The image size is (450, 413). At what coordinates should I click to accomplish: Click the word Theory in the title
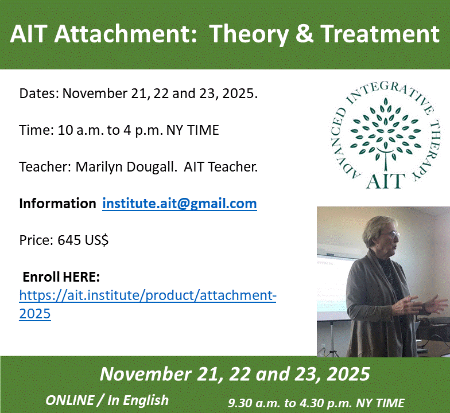pos(249,34)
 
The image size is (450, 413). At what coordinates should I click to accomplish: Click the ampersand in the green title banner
pos(304,33)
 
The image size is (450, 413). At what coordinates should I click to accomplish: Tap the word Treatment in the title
pos(380,33)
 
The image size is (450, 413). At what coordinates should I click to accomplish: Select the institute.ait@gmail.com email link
pos(180,204)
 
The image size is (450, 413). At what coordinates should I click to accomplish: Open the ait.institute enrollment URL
pos(148,305)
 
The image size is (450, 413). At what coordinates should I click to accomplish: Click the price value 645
pos(69,240)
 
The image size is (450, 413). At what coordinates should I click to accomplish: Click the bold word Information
pos(57,203)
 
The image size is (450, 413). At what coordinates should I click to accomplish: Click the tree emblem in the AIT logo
pos(386,135)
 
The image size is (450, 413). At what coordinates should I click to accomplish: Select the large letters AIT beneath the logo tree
pos(386,181)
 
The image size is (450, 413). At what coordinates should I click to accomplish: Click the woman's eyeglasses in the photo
pos(391,235)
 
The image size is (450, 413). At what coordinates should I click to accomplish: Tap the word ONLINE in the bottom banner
pos(70,400)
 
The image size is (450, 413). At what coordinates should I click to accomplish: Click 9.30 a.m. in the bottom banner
pos(254,403)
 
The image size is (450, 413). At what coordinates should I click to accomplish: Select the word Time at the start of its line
pos(37,130)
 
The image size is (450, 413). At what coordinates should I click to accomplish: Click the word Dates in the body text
pos(39,93)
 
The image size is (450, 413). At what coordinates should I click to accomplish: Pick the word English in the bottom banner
pos(146,401)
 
